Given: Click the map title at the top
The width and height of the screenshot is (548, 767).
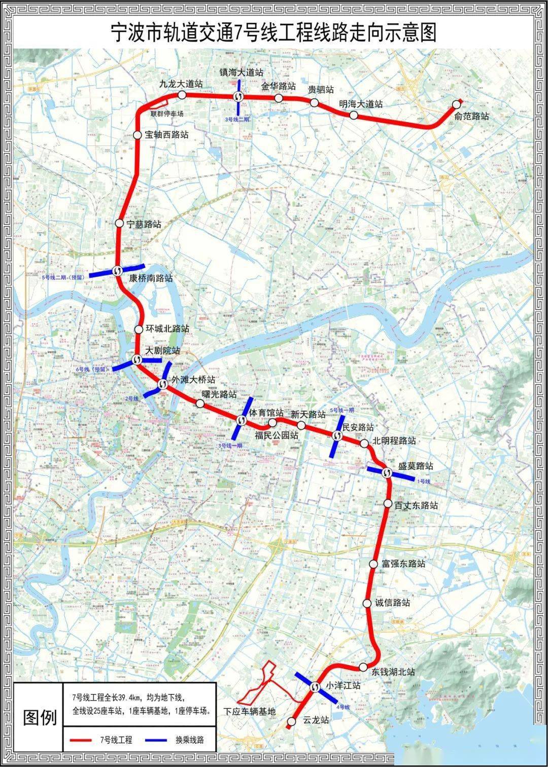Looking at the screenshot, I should tap(274, 33).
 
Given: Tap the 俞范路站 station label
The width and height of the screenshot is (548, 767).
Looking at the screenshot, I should tap(471, 116).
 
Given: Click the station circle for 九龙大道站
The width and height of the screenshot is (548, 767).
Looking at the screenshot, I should tap(182, 95).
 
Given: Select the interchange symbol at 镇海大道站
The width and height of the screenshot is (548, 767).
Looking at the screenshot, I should tap(238, 97).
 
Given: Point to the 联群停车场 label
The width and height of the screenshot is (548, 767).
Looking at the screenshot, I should tap(167, 114).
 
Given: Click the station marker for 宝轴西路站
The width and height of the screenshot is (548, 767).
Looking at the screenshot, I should tap(137, 135).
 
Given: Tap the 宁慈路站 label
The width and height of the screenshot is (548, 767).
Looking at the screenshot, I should tap(144, 224).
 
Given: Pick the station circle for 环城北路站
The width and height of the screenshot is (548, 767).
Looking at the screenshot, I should tap(139, 330).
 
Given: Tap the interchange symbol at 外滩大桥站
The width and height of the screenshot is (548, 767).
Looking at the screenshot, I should tap(163, 385).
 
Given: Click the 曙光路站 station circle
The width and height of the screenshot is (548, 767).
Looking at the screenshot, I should tap(200, 404).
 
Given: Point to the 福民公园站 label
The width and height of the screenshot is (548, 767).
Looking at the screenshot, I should tap(277, 434).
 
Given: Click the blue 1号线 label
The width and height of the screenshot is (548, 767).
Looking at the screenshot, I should tap(423, 481).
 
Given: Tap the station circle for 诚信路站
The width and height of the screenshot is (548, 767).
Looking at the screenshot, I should tap(367, 603).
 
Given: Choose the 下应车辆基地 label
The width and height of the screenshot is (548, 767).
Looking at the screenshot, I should tap(250, 712).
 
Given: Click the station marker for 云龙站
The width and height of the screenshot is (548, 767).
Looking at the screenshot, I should tap(291, 721).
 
